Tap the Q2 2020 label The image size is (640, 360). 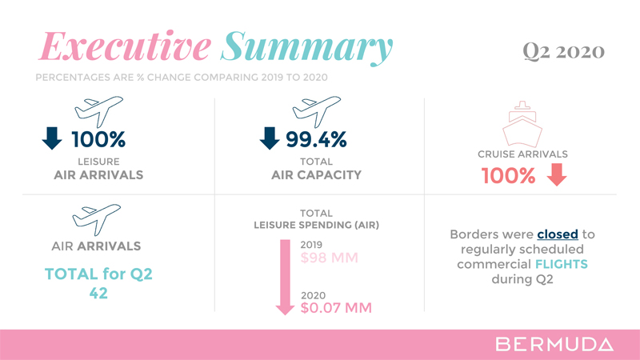[x=563, y=53]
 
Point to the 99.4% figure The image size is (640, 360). [x=317, y=140]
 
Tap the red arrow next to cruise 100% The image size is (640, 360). [x=557, y=174]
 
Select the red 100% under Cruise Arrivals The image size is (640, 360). [x=508, y=175]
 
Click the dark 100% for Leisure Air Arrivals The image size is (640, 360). [x=98, y=140]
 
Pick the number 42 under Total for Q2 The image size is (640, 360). [x=98, y=294]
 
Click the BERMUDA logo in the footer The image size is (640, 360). [x=554, y=345]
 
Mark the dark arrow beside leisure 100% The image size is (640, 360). [x=52, y=140]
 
